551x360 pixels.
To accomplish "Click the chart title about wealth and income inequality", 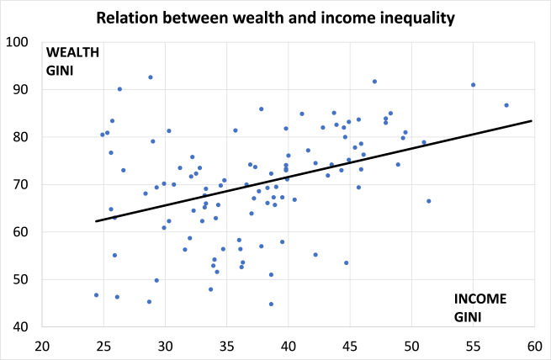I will (x=276, y=17).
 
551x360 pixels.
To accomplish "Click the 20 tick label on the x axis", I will (x=41, y=346).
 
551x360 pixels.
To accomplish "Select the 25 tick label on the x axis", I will (x=103, y=346).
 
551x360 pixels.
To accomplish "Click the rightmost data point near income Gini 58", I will (x=506, y=105).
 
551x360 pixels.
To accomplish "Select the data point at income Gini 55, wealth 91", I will (x=474, y=85).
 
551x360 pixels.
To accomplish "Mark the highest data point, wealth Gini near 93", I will (x=151, y=77).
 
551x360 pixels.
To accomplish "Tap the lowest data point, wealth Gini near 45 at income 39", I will (x=271, y=304).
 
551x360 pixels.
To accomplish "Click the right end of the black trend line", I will (x=532, y=120).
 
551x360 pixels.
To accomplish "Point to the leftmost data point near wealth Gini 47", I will (x=96, y=295).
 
